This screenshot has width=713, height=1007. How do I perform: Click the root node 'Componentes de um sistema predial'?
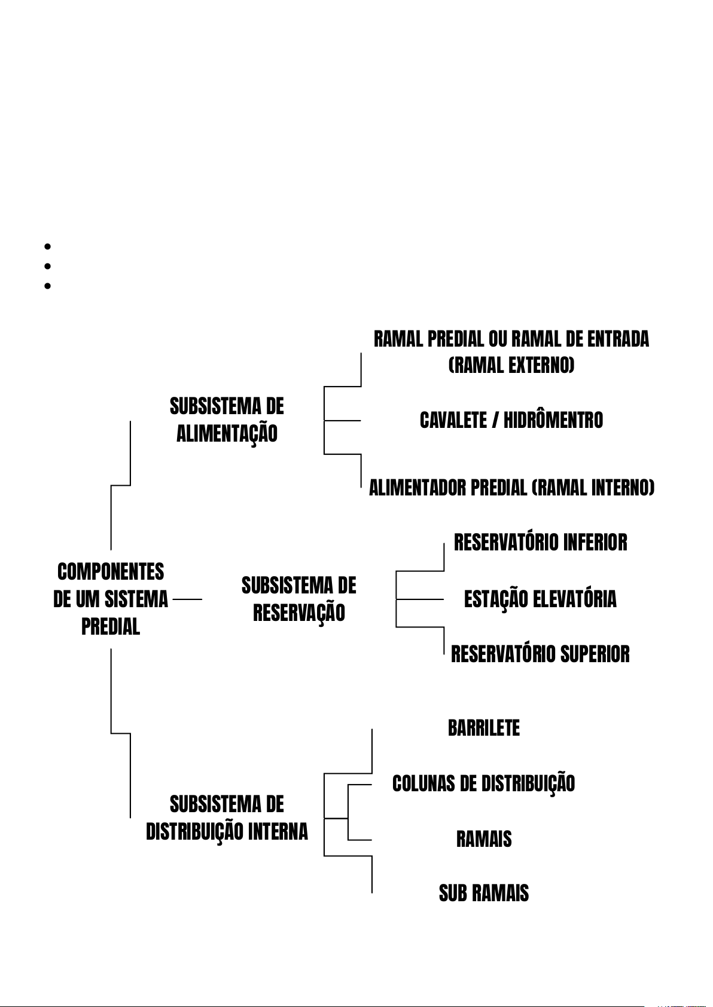(x=111, y=599)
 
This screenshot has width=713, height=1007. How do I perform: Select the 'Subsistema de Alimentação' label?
(x=227, y=420)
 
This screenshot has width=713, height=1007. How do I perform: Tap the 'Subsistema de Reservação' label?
(x=298, y=599)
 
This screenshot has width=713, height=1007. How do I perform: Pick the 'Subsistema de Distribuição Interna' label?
(x=227, y=818)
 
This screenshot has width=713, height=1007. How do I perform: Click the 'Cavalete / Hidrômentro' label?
(x=511, y=420)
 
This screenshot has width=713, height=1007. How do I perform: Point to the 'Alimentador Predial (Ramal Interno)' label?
(x=511, y=488)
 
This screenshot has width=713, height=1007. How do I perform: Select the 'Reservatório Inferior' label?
(x=540, y=543)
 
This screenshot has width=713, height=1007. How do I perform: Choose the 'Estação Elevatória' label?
(x=540, y=599)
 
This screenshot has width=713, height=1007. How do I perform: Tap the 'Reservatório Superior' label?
(x=540, y=654)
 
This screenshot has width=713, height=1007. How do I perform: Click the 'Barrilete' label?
(x=484, y=728)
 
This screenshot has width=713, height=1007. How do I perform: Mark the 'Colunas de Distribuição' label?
(x=483, y=783)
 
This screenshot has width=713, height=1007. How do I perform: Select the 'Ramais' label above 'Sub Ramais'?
(x=484, y=839)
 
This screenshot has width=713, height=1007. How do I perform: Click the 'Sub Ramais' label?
(x=484, y=893)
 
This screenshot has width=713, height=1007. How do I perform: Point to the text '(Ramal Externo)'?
(x=511, y=365)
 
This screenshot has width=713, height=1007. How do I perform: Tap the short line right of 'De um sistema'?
(x=187, y=598)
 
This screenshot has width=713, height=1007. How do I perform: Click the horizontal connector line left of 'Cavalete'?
(x=342, y=421)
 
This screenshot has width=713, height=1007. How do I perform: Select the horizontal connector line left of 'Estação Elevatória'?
(x=419, y=599)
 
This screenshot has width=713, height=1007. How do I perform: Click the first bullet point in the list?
(x=47, y=246)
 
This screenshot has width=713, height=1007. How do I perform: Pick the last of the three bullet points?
(x=47, y=286)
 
